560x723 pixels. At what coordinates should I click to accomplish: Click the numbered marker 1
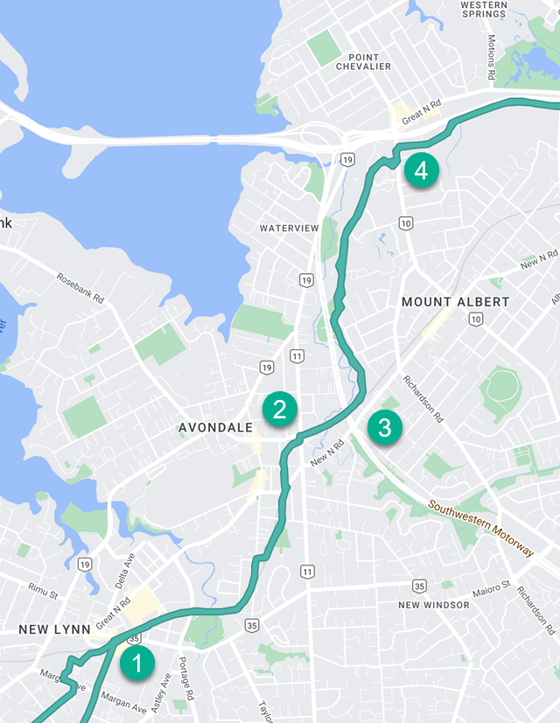point(136,663)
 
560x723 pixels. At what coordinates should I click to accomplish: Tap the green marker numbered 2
point(280,408)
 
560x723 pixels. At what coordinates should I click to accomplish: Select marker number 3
point(384,427)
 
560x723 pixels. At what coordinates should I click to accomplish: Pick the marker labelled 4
point(421,171)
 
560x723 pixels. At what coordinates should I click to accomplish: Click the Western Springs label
point(483,10)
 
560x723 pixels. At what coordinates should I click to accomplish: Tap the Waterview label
point(290,228)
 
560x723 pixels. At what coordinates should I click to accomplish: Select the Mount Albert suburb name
point(455,302)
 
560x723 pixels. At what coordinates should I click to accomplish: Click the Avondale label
point(215,428)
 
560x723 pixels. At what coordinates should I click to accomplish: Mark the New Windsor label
point(433,605)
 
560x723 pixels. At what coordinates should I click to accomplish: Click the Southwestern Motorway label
point(480,529)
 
